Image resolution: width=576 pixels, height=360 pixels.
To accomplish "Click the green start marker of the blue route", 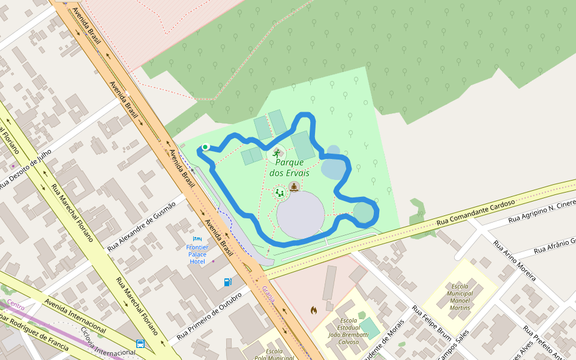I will coord(205,147).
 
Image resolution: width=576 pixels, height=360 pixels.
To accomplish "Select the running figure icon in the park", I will coord(276,154).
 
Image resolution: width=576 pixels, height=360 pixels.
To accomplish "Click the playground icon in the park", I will coord(280,193).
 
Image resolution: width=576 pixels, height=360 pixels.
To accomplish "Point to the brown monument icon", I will coord(294,187).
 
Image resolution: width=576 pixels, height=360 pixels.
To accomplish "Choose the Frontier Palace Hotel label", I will coord(197,254).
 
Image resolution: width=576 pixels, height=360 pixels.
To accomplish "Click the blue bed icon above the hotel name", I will coord(197,239).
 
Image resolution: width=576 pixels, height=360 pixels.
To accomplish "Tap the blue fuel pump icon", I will coord(228,281).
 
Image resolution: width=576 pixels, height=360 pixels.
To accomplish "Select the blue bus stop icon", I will coord(140,344).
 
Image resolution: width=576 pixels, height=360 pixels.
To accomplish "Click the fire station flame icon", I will coord(313,310).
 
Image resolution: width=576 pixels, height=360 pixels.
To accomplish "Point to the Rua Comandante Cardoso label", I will coord(476,213).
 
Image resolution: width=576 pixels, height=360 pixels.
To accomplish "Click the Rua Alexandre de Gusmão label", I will coord(142,226).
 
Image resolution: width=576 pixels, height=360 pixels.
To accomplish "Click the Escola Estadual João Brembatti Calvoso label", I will coord(348,331).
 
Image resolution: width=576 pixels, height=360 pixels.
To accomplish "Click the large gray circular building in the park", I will coord(300,214).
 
